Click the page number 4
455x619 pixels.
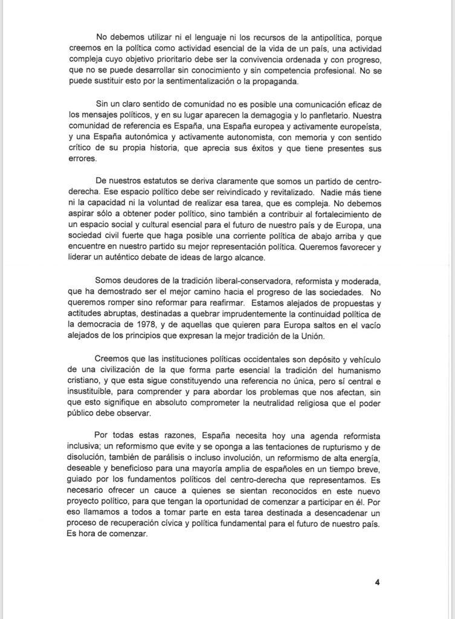tap(376, 583)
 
